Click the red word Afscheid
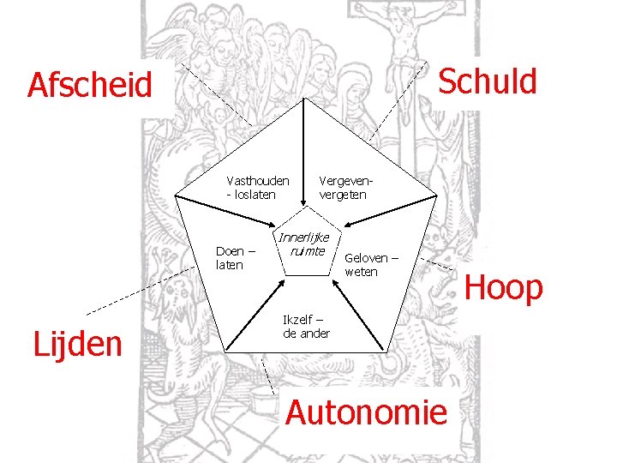pos(89,86)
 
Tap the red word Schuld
pos(487,81)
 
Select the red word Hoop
pos(503,288)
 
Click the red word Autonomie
pos(366,412)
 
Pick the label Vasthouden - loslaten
pos(257,187)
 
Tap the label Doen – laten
pos(236,258)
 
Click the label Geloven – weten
pos(371,264)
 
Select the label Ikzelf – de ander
pos(306,326)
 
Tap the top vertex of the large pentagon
pos(305,99)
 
